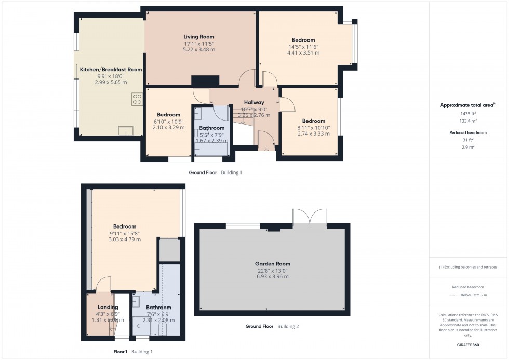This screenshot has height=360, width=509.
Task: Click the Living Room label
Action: [x=199, y=37]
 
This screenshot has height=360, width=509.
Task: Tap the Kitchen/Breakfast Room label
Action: [x=111, y=69]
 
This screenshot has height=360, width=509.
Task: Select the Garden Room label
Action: [x=272, y=264]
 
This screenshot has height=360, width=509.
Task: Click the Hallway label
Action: [x=254, y=102]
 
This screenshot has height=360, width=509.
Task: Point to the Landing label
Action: [x=108, y=307]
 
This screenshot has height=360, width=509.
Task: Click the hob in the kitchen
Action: [x=137, y=99]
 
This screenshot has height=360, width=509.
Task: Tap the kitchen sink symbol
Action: [x=125, y=131]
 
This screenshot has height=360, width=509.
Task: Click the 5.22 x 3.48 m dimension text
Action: [x=199, y=50]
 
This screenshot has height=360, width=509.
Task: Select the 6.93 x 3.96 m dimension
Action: [x=272, y=277]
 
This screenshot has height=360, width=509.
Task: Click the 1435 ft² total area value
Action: [x=468, y=113]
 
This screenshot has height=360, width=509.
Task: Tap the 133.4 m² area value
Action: [x=468, y=121]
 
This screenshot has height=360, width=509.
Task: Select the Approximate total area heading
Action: [x=467, y=105]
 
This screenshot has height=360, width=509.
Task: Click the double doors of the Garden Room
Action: [x=310, y=218]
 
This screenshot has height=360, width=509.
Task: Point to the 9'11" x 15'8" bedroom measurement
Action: [x=125, y=233]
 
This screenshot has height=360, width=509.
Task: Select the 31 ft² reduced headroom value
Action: [x=468, y=140]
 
